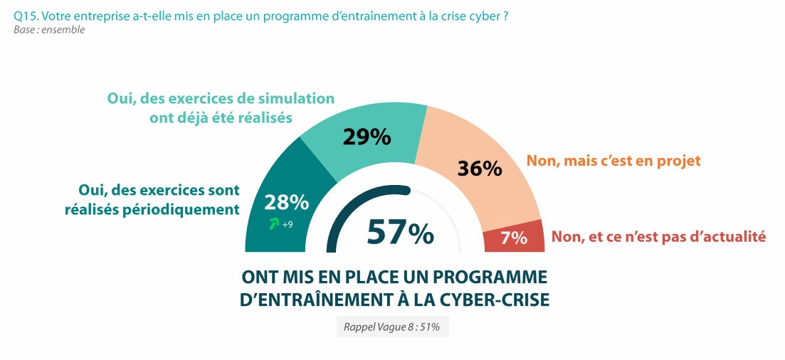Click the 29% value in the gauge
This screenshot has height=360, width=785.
(x=366, y=137)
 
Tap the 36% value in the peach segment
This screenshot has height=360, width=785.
(x=479, y=169)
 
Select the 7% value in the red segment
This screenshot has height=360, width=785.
(x=513, y=238)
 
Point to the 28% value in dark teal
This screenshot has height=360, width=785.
(x=286, y=202)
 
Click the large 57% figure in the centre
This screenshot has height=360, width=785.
(x=401, y=232)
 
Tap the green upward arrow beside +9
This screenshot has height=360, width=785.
(x=273, y=225)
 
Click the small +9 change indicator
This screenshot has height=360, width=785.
(x=288, y=226)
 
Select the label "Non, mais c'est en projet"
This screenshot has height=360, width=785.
(x=613, y=161)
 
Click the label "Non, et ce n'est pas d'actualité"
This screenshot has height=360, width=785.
(x=658, y=237)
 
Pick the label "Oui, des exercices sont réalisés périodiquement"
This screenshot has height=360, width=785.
(x=158, y=200)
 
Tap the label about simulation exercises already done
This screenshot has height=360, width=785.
(x=221, y=108)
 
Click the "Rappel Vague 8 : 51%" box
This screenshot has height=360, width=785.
(x=392, y=327)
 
